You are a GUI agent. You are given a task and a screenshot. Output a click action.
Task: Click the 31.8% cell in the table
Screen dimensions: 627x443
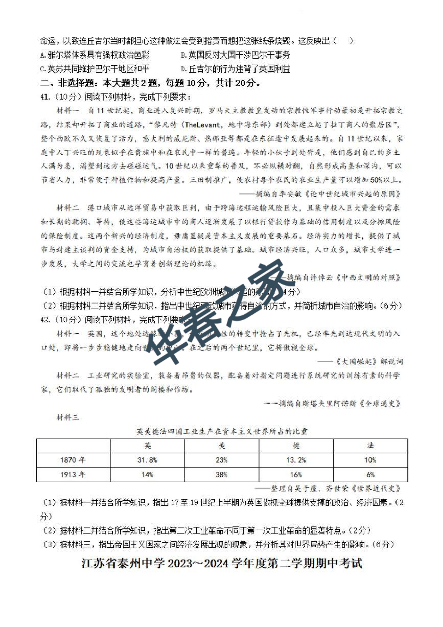tap(147, 460)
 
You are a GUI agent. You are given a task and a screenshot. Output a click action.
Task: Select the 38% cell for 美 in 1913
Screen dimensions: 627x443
tap(221, 475)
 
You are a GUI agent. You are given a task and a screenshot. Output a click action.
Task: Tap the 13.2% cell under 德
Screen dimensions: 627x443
tap(296, 460)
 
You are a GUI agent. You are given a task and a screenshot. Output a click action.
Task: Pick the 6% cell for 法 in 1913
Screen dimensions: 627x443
tap(370, 475)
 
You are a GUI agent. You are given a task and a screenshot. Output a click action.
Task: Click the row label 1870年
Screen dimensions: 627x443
tap(73, 460)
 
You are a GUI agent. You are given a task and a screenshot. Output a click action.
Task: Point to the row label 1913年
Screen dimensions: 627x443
tap(73, 475)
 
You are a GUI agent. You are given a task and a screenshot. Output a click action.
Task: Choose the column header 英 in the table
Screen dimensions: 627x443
tap(147, 446)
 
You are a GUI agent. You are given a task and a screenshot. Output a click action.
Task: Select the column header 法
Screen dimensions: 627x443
tap(370, 446)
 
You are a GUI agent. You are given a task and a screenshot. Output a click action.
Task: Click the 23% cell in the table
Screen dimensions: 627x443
tap(221, 460)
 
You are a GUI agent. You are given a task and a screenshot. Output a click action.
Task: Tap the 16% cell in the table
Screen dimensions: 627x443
tap(296, 475)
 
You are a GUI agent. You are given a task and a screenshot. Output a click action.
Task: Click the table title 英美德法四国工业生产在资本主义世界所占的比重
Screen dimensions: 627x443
tap(222, 431)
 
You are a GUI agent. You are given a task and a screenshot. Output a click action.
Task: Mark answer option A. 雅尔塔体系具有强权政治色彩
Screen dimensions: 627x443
tap(95, 55)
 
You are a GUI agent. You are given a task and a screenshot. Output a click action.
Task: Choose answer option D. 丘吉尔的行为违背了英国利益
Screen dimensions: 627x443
tap(235, 69)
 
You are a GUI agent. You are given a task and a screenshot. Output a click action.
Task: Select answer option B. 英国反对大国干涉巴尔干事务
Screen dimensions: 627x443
tap(235, 55)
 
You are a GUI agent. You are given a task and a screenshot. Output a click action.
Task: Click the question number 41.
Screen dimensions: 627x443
tap(44, 97)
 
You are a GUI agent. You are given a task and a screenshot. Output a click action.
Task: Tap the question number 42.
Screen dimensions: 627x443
tap(44, 319)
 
